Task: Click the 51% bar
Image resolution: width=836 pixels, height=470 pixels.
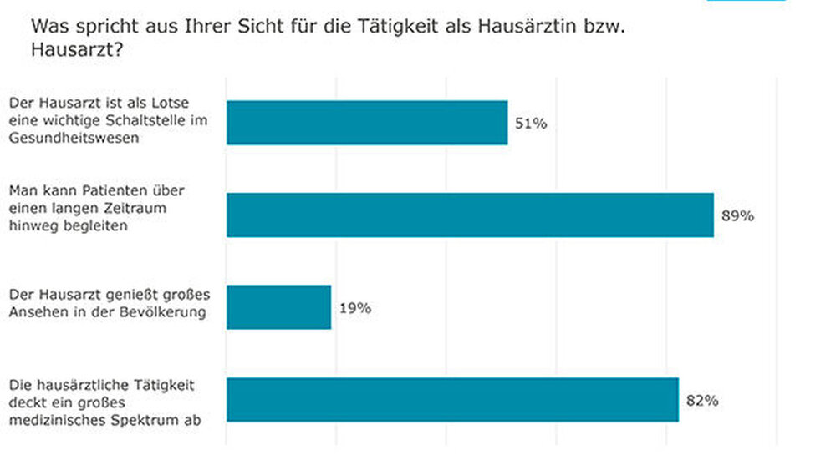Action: click(367, 123)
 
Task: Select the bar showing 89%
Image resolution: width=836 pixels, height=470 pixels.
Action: click(470, 215)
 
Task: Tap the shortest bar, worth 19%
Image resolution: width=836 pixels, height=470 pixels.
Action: click(278, 307)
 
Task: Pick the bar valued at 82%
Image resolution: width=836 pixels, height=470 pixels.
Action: click(452, 400)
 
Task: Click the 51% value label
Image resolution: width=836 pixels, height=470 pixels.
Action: click(531, 124)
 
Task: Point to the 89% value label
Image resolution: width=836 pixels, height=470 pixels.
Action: click(737, 215)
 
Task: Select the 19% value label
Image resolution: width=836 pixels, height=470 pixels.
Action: click(355, 308)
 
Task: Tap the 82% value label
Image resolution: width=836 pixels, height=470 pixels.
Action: click(702, 401)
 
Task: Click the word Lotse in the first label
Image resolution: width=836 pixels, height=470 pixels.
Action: click(172, 103)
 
